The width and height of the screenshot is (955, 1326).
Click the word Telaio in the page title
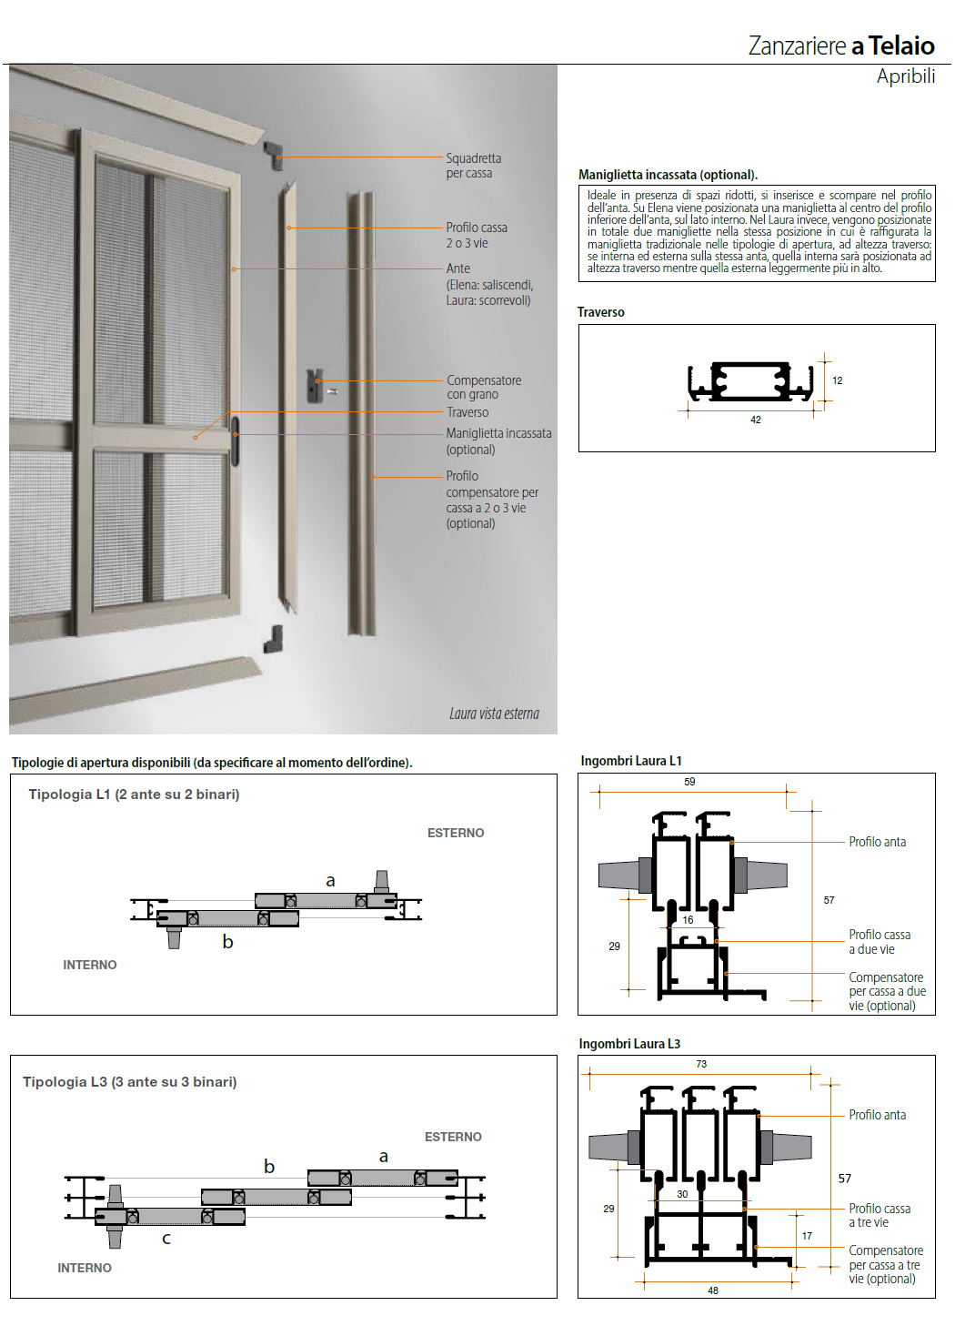coord(900,46)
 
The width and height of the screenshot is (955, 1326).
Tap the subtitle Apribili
coord(905,76)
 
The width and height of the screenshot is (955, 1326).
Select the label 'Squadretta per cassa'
coord(473,166)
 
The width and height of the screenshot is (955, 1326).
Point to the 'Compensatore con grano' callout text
coord(483,387)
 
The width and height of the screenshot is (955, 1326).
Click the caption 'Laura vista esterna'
coord(494,714)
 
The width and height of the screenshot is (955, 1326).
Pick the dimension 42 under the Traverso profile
coord(756,420)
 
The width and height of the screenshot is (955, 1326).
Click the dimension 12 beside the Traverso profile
coord(837,380)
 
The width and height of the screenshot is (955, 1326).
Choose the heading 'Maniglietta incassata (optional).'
coord(668,175)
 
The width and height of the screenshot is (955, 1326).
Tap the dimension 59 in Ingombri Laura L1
coord(689,782)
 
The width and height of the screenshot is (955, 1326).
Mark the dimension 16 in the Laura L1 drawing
coord(688,920)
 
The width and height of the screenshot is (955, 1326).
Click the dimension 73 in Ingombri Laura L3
coord(701,1064)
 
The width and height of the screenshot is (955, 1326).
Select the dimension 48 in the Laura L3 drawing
coord(713,1291)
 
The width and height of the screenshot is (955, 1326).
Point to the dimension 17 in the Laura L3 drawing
coord(807,1236)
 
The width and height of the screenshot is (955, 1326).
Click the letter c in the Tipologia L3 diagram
coord(166,1239)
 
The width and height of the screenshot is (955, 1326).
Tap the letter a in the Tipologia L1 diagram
coord(330,880)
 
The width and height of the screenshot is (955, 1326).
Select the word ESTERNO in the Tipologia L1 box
coord(456,833)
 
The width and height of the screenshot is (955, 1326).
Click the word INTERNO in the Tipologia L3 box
coord(85,1268)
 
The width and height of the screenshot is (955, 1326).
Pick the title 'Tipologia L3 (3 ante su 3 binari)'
coord(129,1082)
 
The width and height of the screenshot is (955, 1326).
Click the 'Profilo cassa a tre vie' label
coord(879,1215)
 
